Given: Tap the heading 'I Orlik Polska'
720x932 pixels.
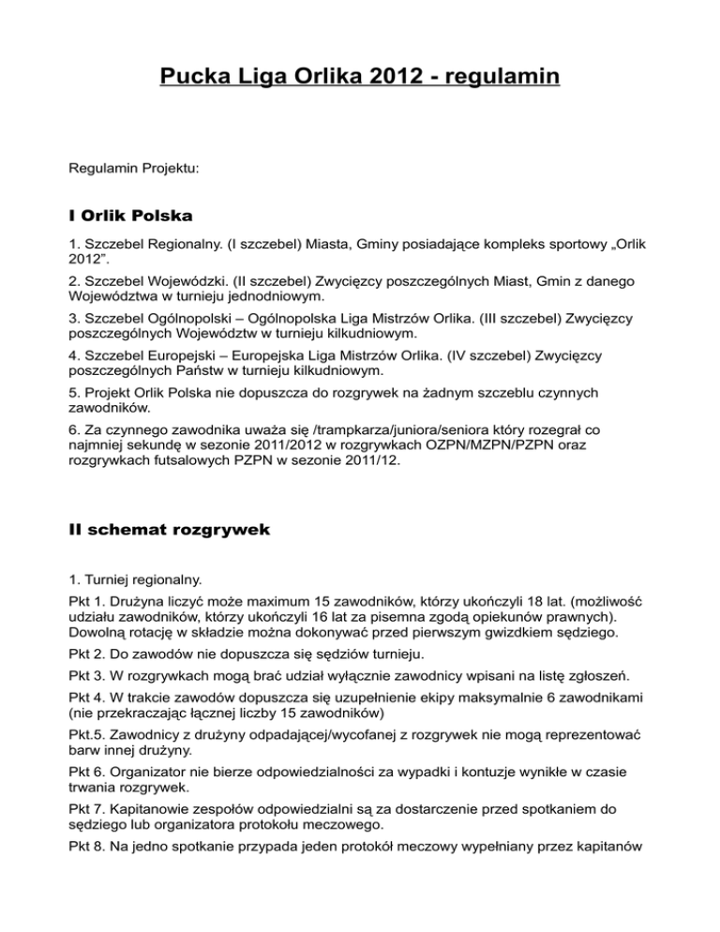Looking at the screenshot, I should click(x=131, y=217).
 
